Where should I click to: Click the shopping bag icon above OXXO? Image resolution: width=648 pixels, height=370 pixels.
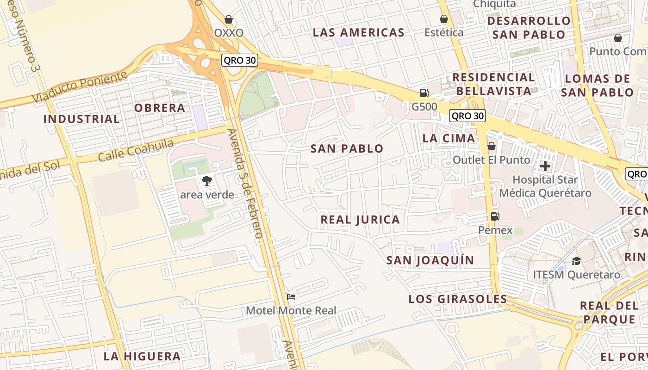(228, 19)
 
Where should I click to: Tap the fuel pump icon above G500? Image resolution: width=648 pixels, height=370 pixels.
(424, 93)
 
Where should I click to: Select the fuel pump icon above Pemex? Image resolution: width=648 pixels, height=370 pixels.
(495, 216)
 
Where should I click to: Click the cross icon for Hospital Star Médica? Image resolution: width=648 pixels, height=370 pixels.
(545, 166)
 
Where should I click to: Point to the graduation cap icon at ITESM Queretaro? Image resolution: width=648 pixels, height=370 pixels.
(576, 261)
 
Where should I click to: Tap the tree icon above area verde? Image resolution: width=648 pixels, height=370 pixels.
(206, 181)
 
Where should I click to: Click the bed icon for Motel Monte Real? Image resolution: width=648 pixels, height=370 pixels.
(291, 296)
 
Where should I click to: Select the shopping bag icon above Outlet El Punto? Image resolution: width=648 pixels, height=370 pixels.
(491, 146)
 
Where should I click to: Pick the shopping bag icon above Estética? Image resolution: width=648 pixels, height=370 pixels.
(444, 19)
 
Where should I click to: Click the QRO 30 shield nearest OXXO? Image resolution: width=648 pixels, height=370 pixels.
(239, 60)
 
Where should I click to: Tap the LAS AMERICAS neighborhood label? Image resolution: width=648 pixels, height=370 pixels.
(359, 32)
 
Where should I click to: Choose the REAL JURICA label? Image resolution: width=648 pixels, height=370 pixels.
(360, 220)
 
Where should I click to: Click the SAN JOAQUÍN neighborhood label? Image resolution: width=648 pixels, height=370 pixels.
(430, 260)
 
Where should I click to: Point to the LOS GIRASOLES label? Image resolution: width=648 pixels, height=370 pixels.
(458, 299)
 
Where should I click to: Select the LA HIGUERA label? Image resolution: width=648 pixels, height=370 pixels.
(142, 357)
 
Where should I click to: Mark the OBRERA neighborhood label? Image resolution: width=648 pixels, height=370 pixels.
(160, 108)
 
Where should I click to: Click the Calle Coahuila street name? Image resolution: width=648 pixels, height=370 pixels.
(136, 150)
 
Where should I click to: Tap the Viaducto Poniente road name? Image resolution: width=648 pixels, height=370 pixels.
(79, 87)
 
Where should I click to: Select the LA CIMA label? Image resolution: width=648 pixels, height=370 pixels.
(449, 138)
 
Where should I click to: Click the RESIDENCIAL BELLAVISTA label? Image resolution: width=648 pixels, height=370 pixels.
(493, 84)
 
